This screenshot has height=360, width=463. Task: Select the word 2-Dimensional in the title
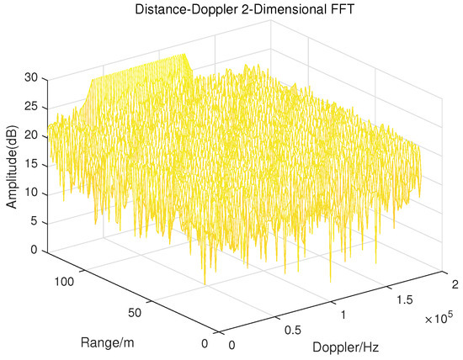(x=263, y=9)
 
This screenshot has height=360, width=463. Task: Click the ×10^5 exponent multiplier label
(x=438, y=321)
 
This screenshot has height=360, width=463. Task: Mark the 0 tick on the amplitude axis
(x=35, y=250)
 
